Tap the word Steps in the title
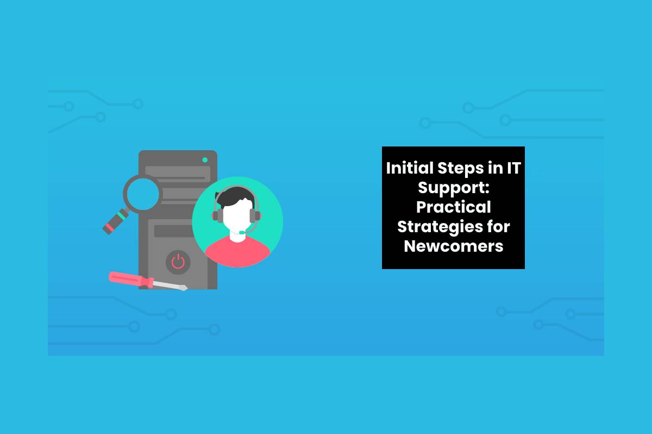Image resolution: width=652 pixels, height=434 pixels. pyautogui.click(x=461, y=169)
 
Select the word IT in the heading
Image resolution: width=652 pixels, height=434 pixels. pyautogui.click(x=514, y=168)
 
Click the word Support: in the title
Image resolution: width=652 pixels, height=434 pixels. pyautogui.click(x=454, y=188)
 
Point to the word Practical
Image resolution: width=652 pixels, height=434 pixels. pyautogui.click(x=454, y=207)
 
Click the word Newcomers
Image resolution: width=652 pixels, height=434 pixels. pyautogui.click(x=454, y=246)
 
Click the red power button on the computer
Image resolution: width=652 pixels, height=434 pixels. pyautogui.click(x=178, y=261)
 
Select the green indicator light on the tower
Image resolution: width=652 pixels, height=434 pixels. pyautogui.click(x=205, y=159)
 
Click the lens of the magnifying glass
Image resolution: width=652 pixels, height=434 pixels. pyautogui.click(x=142, y=194)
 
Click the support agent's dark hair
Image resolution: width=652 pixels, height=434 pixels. pyautogui.click(x=235, y=197)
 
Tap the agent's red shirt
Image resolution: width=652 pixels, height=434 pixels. pyautogui.click(x=238, y=252)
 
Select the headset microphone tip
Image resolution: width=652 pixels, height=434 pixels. pyautogui.click(x=242, y=233)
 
